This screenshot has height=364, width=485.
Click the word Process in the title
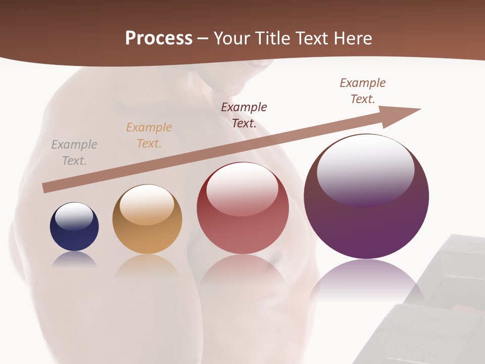(159, 38)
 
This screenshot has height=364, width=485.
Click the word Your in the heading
(232, 38)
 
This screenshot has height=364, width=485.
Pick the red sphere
(243, 208)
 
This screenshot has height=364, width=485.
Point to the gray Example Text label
(74, 153)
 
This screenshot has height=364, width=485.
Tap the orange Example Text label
(149, 135)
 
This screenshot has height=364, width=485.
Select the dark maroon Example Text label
(244, 115)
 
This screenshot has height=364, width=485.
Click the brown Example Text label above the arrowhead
(363, 91)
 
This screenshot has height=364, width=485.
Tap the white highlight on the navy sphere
(74, 216)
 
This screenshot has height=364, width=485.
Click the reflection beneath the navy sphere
(74, 259)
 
